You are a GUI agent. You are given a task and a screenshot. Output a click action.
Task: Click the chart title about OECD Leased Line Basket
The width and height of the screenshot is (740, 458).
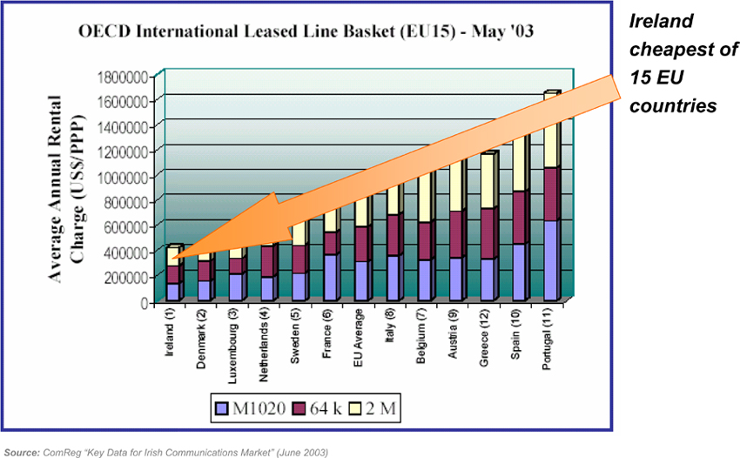click(x=306, y=33)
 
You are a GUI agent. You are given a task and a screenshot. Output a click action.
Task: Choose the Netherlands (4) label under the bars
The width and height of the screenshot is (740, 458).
click(x=265, y=345)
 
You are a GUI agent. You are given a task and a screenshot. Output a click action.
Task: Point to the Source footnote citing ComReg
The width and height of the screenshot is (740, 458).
click(x=165, y=452)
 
